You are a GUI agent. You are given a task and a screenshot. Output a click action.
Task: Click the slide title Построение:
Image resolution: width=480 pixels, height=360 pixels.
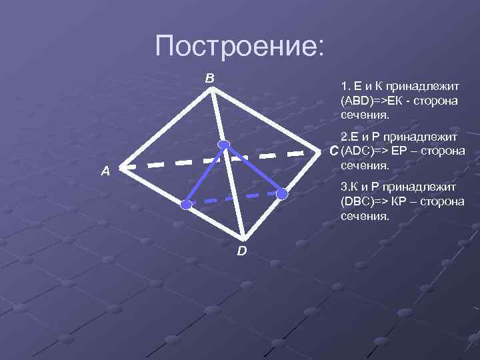239,46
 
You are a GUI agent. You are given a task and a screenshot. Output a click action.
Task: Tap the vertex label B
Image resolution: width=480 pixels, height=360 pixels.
209,79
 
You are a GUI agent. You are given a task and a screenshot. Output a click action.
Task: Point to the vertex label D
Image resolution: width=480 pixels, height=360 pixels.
241,251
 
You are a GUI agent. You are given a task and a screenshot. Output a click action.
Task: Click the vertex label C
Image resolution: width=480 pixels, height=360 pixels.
334,153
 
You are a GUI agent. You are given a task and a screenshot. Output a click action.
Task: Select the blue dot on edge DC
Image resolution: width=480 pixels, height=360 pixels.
283,194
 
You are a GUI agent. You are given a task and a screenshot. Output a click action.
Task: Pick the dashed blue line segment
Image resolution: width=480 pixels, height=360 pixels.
233,198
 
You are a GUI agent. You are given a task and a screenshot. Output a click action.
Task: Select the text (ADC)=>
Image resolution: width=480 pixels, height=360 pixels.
364,151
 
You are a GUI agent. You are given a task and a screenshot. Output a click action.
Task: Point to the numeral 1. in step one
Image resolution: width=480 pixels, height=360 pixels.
344,87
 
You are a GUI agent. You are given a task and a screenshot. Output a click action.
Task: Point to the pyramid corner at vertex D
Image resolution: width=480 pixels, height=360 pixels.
245,239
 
